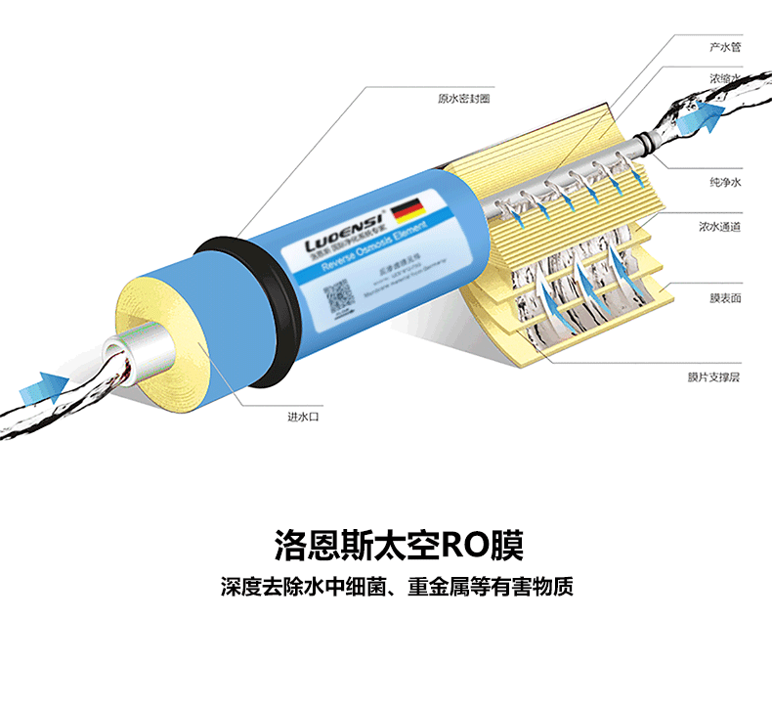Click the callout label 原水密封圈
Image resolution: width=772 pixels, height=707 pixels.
coord(463,98)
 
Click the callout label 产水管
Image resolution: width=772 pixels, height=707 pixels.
coord(724,46)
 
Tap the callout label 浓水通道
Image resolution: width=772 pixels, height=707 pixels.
coord(718,227)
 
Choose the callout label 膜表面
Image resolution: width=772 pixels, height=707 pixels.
coord(724,297)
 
